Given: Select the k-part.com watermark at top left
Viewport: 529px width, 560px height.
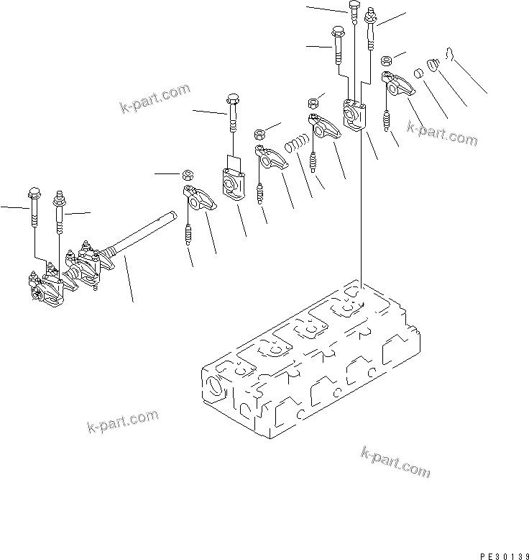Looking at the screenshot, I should click(155, 99).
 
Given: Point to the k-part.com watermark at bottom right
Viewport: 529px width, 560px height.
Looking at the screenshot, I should click(395, 461).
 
